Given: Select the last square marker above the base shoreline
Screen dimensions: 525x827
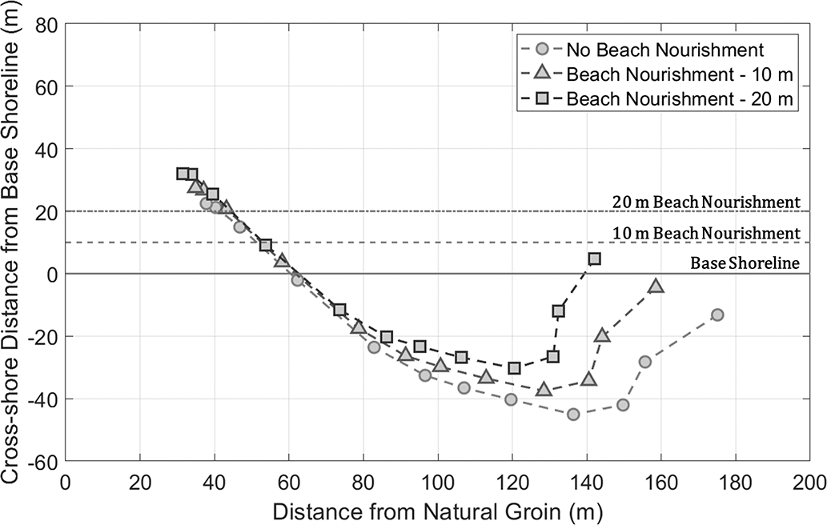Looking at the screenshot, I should (594, 258).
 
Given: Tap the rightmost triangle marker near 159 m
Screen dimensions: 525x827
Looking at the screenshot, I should (656, 286).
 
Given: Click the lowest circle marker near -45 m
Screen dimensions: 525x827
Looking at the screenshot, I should (573, 414).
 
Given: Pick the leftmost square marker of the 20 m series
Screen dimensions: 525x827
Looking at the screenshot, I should (183, 174).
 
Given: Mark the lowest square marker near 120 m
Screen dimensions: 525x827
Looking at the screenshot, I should (514, 368).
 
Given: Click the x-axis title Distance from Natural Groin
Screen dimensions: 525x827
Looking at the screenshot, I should (437, 509).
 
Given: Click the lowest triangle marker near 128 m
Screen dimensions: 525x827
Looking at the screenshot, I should (544, 390).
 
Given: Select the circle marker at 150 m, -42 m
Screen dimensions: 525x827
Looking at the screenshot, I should (623, 405).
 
